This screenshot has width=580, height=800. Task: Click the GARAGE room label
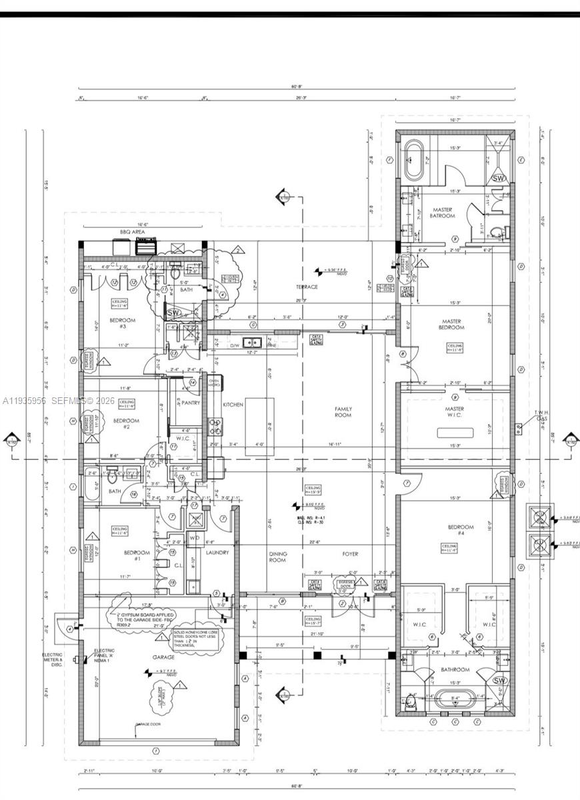pos(165,657)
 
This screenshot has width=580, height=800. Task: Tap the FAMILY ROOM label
pos(343,412)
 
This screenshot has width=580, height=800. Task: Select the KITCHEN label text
pos(233,405)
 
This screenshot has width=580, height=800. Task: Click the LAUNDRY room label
pos(217,553)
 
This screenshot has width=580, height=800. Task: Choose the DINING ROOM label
pos(277,557)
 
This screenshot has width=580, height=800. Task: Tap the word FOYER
pos(350,554)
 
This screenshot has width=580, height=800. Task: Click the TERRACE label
pos(307,287)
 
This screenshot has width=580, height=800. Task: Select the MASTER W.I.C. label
pos(455,413)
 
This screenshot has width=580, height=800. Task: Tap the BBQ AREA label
pos(132,232)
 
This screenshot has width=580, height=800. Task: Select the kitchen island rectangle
pos(259,427)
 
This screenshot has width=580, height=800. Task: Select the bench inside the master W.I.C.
pos(455,433)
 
